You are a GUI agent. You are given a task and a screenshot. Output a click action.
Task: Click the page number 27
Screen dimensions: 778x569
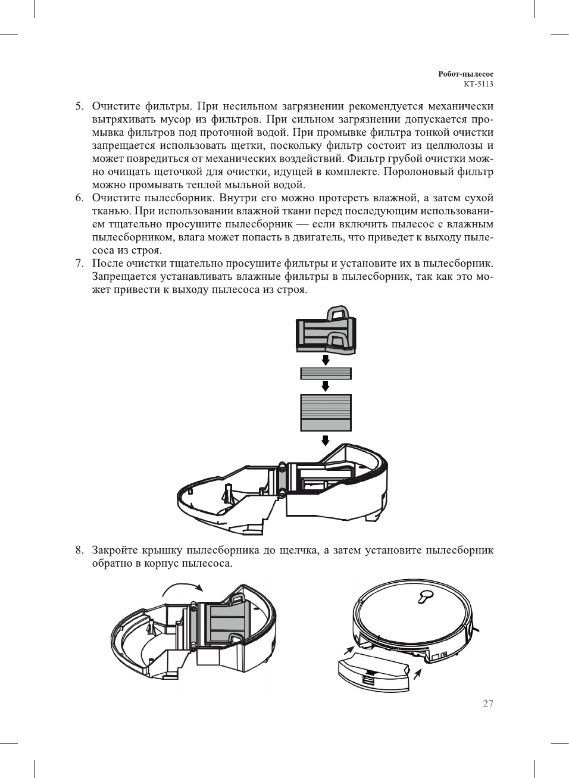point(488,704)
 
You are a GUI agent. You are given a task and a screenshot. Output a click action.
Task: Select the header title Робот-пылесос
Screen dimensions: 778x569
point(465,74)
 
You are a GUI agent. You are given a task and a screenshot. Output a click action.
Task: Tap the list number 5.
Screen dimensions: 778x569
point(79,107)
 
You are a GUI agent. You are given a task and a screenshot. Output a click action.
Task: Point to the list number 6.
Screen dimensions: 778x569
point(79,198)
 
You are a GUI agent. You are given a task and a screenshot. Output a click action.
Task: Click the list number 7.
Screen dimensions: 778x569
point(79,264)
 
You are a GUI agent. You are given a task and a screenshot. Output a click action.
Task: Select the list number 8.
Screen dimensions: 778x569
point(79,550)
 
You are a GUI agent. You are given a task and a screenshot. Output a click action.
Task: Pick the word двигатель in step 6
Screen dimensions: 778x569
point(317,238)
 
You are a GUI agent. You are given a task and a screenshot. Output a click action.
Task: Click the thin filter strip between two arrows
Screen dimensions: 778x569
point(326,374)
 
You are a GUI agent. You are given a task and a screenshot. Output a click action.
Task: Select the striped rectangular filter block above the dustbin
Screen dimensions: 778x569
point(326,412)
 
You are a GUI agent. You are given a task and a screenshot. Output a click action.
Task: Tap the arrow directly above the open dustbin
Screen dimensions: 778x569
point(326,440)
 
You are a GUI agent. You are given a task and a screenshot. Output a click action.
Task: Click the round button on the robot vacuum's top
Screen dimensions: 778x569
point(426,594)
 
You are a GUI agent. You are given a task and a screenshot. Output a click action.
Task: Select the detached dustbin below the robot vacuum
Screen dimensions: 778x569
point(374,673)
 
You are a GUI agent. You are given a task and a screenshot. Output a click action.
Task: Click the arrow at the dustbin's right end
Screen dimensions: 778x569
point(418,674)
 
